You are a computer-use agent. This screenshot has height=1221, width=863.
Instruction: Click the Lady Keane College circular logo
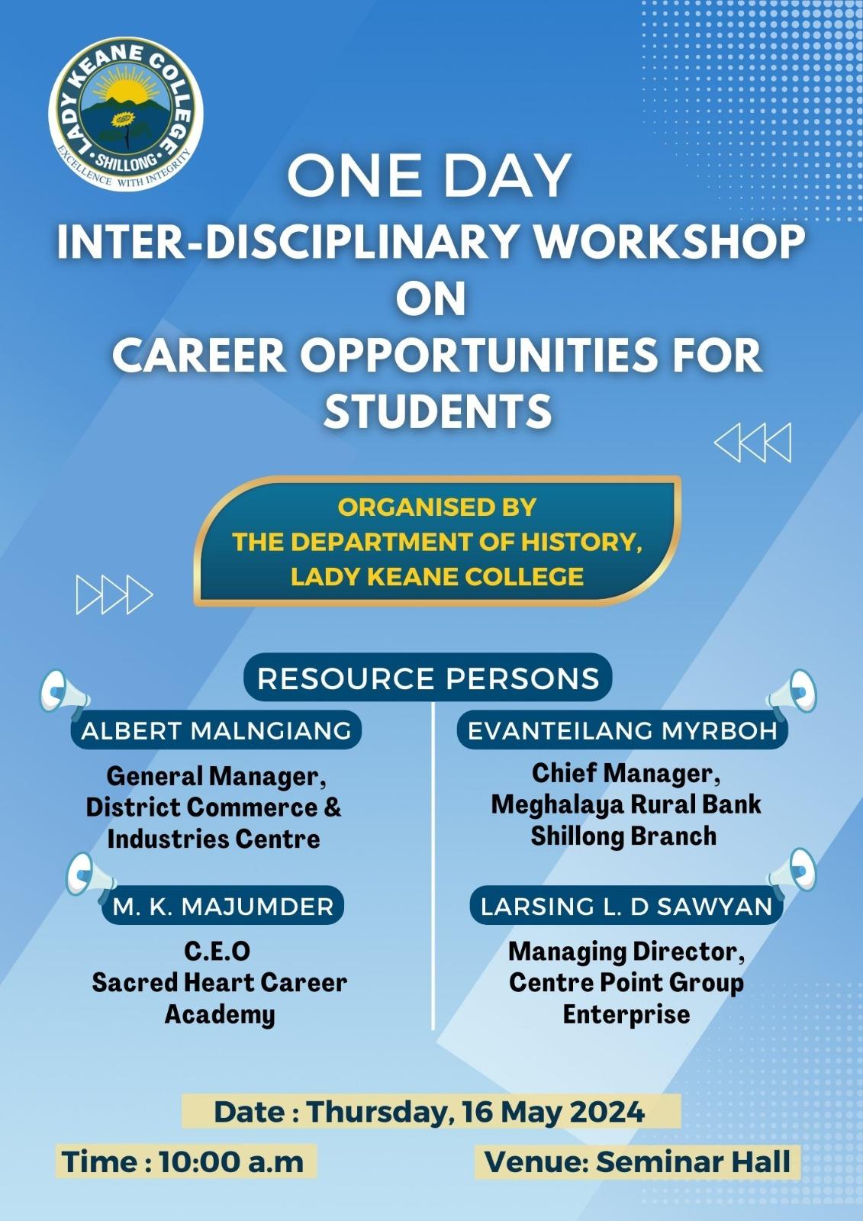click(x=126, y=114)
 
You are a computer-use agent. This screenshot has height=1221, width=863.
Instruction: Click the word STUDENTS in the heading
click(x=438, y=411)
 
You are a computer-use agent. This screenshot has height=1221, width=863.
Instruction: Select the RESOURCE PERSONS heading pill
click(x=428, y=678)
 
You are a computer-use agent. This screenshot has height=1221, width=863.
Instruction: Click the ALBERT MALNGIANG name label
click(x=216, y=730)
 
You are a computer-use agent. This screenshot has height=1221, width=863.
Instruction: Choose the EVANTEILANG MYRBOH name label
click(x=622, y=730)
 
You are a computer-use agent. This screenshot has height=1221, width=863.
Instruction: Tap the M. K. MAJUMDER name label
click(x=223, y=907)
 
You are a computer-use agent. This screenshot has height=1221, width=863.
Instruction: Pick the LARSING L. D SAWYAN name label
click(x=626, y=907)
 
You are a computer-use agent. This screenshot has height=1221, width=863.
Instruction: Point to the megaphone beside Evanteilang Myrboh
click(x=792, y=691)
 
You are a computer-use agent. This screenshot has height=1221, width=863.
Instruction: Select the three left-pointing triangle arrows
click(x=752, y=443)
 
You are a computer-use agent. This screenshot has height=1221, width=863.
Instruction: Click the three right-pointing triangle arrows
click(x=114, y=594)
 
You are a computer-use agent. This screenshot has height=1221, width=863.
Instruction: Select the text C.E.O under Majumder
click(x=217, y=952)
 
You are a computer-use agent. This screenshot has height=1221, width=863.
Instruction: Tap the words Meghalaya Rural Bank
click(x=626, y=804)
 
